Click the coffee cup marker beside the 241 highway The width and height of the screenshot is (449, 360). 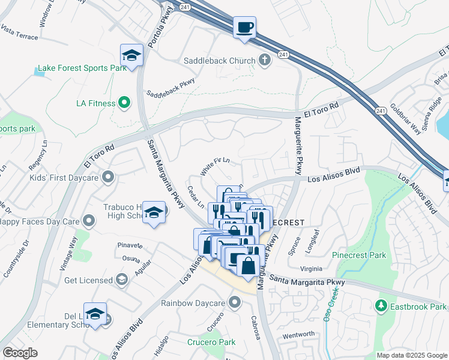244,28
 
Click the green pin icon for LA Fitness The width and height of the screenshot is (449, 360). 124,103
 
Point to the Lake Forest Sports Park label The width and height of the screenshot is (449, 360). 82,68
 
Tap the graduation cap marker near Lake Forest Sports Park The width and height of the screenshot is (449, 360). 131,56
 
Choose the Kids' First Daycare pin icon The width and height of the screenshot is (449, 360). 108,177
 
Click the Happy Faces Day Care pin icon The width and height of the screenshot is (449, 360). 89,221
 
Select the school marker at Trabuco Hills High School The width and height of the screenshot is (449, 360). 154,213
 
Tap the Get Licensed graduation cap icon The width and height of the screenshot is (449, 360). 122,280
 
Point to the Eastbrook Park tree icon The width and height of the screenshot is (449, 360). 380,307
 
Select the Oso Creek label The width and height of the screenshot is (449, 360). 331,305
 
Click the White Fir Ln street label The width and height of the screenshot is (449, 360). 215,166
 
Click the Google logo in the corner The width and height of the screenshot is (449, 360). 20,353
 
